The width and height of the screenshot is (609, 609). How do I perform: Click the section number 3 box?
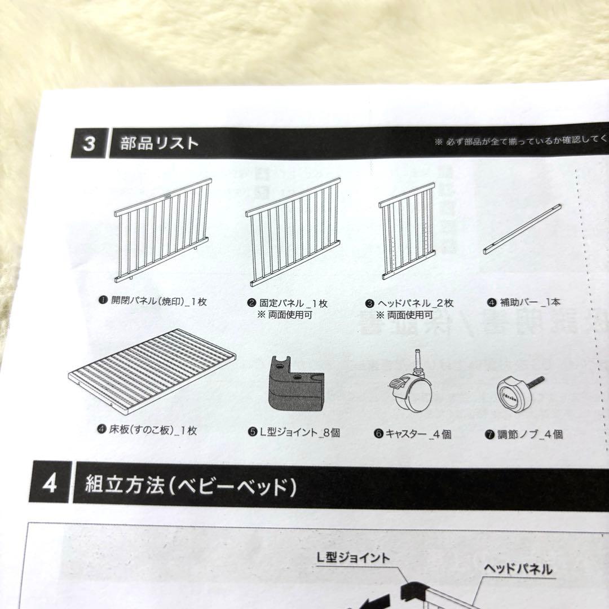point(89,143)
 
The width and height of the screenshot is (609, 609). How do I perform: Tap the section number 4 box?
point(50,484)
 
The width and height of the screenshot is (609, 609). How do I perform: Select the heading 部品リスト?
point(160,143)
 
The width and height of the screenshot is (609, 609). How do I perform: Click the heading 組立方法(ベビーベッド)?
point(191,484)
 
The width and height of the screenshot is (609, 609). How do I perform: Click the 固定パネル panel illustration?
point(294,231)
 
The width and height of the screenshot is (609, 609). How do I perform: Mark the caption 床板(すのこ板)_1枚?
point(147,431)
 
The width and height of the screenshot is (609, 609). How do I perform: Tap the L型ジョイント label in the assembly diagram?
point(353,558)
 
